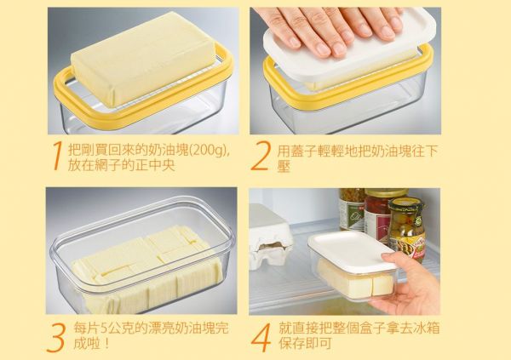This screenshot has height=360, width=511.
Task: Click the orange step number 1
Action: coord(57,156)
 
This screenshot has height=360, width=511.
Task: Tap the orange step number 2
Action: coord(261,156)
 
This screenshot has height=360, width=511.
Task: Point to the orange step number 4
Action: coord(261,338)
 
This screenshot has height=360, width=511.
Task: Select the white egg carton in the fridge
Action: coord(270,237)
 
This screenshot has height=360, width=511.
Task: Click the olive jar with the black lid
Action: coord(407,228)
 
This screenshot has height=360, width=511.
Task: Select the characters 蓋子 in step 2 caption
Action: coord(302,151)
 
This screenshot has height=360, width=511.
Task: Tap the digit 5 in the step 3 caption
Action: coord(103,329)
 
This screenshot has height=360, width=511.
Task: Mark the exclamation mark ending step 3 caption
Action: coord(106,343)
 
